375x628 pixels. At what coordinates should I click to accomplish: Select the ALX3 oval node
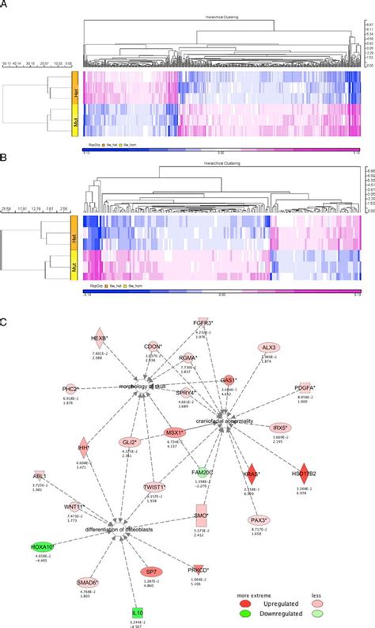(x=269, y=348)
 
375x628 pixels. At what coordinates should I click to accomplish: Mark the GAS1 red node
(x=229, y=380)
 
